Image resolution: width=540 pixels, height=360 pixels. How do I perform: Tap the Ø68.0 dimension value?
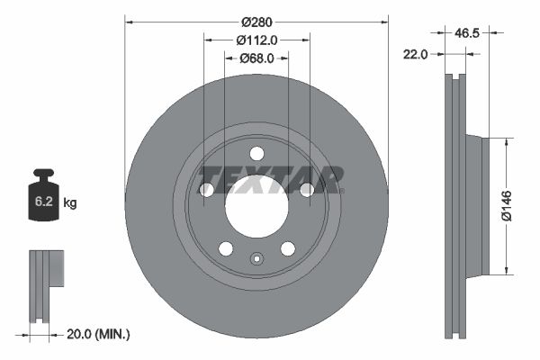tap(256, 58)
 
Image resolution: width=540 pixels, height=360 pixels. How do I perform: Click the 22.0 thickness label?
tap(414, 54)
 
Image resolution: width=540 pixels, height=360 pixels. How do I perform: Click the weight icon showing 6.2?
tap(44, 199)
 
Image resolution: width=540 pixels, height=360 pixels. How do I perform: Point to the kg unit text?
tap(70, 203)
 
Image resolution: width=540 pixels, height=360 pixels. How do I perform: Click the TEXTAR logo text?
tap(270, 180)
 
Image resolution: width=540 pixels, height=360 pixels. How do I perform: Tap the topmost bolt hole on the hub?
tap(256, 153)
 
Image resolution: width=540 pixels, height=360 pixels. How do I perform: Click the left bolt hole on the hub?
tap(206, 189)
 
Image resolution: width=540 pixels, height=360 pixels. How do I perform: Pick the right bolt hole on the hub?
tap(307, 189)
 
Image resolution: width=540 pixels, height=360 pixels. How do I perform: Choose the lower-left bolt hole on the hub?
tap(226, 248)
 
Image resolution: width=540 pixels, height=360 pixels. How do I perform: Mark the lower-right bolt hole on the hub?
tap(288, 248)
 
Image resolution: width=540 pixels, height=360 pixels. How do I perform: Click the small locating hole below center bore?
tap(256, 261)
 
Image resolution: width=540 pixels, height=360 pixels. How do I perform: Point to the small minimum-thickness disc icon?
tap(47, 286)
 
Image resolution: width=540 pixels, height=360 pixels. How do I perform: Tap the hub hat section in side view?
tap(475, 205)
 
